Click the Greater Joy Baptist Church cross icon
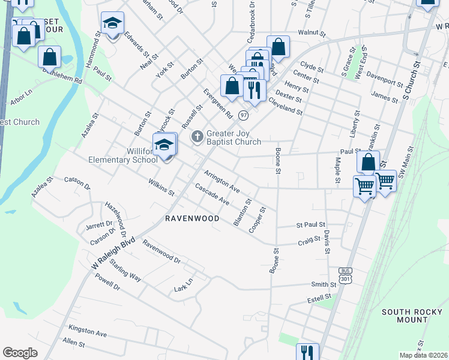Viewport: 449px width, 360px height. [x=197, y=138]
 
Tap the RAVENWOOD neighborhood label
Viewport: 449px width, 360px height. [x=192, y=219]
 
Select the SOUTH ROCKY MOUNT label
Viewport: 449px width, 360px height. [x=405, y=316]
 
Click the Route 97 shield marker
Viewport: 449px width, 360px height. [x=243, y=115]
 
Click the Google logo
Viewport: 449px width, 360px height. [x=20, y=353]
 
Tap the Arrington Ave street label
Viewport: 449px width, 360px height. [x=221, y=182]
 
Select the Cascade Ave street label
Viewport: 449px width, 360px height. [x=212, y=194]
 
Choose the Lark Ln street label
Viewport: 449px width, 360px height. [x=184, y=285]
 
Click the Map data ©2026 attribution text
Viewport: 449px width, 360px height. [x=423, y=355]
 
